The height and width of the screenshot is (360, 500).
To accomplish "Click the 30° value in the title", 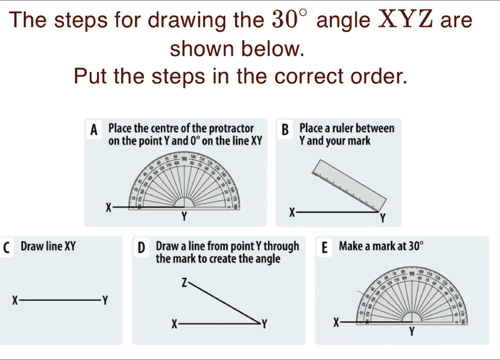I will (x=290, y=20).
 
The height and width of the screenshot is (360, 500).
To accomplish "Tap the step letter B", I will (x=285, y=130).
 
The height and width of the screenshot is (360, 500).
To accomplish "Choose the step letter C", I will (x=5, y=248).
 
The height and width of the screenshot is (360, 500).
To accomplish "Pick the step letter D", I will (x=141, y=248).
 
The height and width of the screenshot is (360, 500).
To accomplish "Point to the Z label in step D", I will (x=184, y=282).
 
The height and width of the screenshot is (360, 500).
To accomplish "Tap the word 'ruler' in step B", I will (x=342, y=128).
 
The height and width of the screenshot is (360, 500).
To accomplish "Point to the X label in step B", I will (x=292, y=212).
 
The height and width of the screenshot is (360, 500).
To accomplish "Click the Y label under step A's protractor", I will (x=184, y=217).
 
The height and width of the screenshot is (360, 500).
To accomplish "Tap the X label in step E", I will (x=335, y=322).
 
